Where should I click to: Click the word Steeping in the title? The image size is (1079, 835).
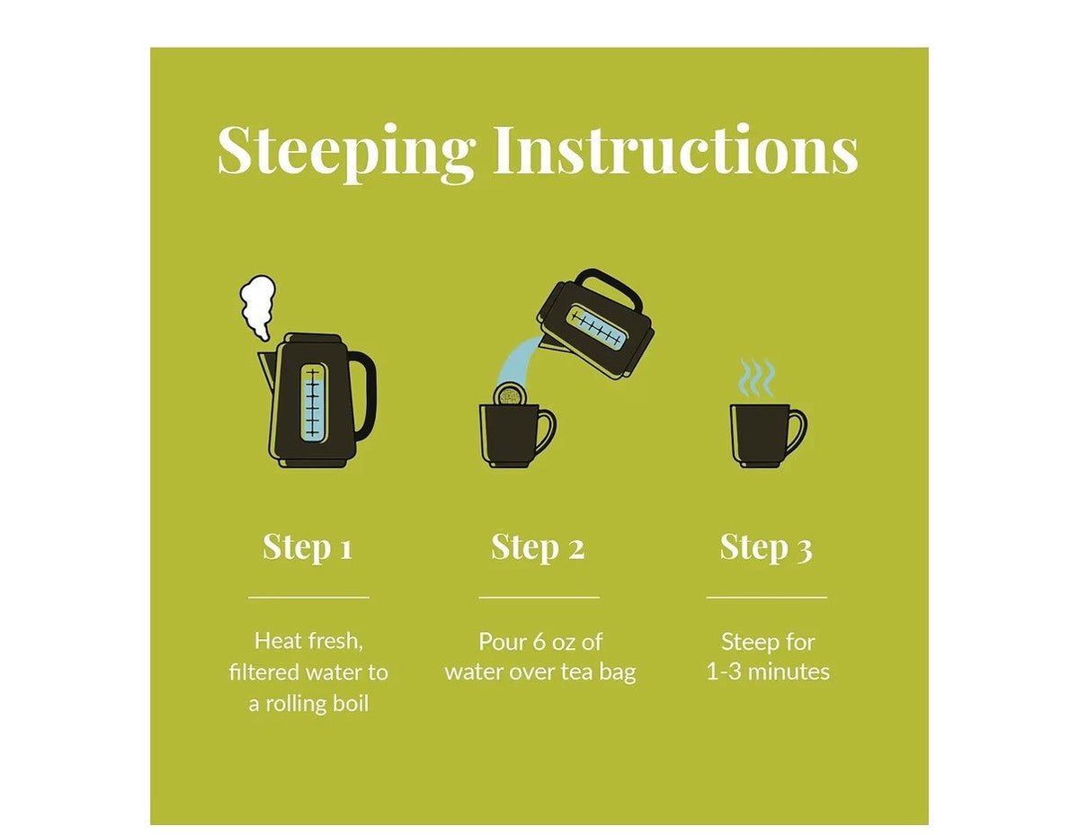[345, 152]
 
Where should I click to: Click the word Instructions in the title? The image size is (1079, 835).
[675, 148]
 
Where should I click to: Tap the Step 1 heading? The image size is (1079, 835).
[308, 547]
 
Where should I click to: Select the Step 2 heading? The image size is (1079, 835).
[538, 547]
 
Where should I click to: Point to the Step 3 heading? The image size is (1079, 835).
[766, 547]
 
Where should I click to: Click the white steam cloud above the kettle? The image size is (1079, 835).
[258, 307]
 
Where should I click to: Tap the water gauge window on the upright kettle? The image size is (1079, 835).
[313, 404]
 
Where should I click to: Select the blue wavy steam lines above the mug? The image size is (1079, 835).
[756, 378]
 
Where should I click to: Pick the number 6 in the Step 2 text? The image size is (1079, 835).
[539, 642]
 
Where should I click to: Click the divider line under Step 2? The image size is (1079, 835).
[539, 598]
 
